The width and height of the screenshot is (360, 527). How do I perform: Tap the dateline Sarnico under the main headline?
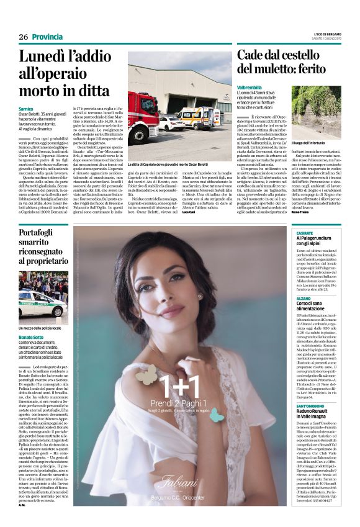pos(26,109)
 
